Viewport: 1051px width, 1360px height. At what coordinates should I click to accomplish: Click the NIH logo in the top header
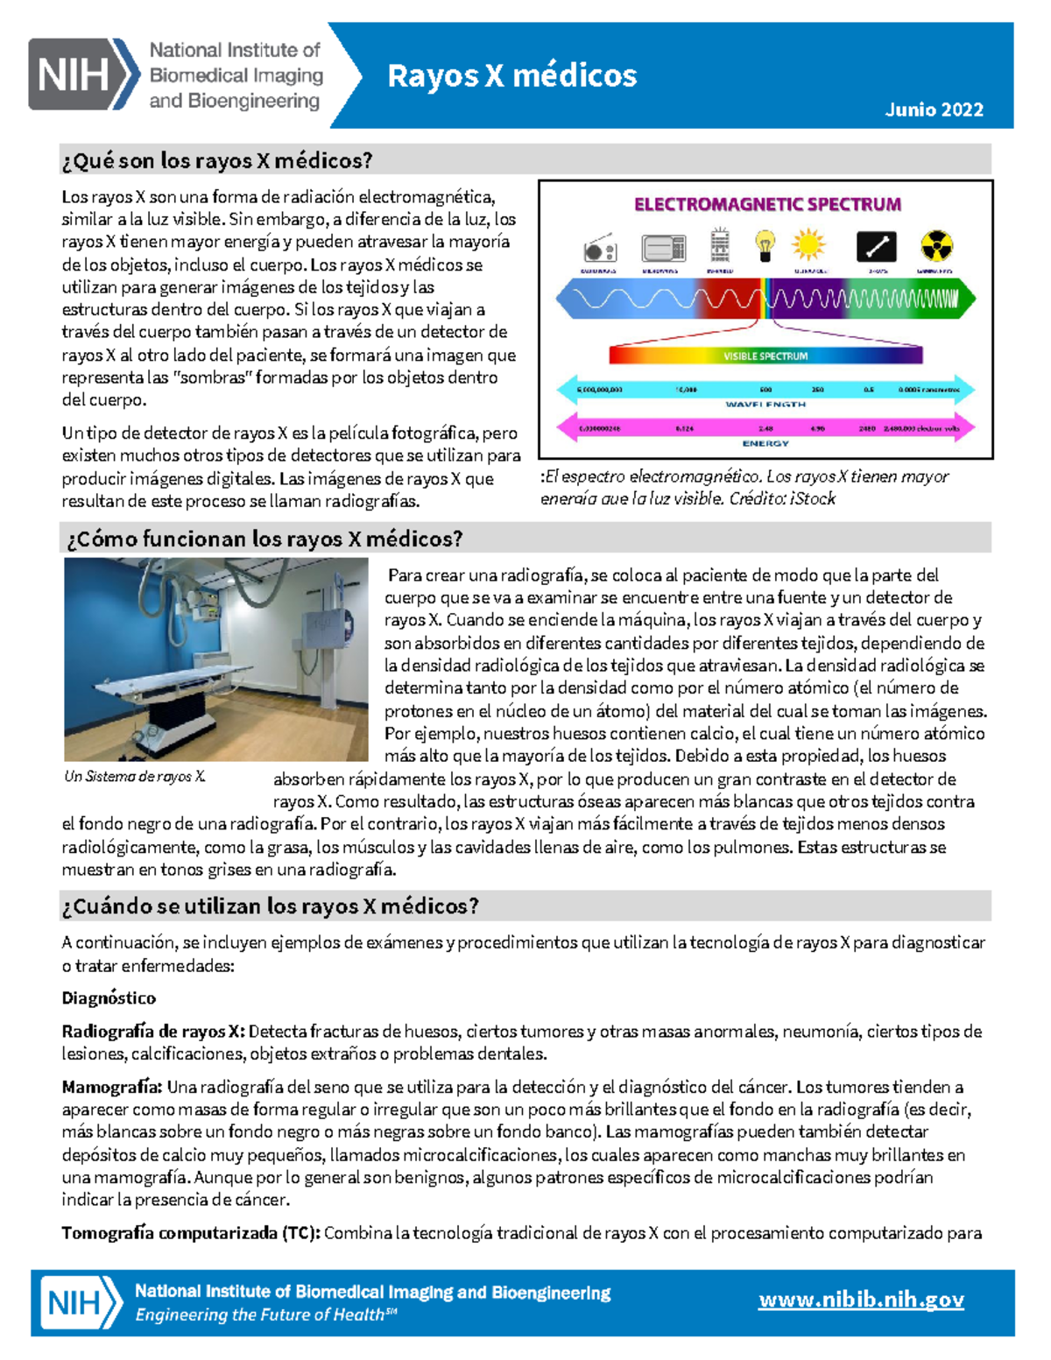pos(83,74)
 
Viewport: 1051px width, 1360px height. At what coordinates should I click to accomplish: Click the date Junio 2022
pos(934,109)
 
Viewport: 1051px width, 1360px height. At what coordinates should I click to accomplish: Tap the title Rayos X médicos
pos(511,76)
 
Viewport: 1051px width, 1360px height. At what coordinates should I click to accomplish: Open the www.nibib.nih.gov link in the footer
pos(861,1300)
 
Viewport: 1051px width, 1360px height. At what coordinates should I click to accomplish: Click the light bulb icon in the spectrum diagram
pos(765,245)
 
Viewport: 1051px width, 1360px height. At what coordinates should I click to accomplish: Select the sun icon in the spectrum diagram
pos(808,245)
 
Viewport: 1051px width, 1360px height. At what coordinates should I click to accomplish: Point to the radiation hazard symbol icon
pos(936,246)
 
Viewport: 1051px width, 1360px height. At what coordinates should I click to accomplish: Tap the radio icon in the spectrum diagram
pos(600,250)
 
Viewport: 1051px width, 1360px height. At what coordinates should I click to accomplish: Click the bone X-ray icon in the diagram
pos(876,247)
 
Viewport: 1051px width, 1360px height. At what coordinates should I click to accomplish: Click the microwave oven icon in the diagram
pos(663,249)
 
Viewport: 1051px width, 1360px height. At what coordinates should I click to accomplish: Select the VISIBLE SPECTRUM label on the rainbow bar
pos(765,356)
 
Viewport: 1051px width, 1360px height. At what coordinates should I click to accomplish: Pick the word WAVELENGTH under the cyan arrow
pos(765,405)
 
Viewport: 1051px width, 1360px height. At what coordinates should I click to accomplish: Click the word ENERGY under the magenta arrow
pos(765,443)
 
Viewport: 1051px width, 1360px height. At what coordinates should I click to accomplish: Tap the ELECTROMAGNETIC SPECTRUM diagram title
pos(767,205)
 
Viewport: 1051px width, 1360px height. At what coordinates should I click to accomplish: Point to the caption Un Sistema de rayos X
pos(135,776)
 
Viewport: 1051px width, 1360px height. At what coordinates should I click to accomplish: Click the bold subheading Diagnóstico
pos(109,997)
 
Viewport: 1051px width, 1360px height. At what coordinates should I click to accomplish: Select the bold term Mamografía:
pos(111,1087)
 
